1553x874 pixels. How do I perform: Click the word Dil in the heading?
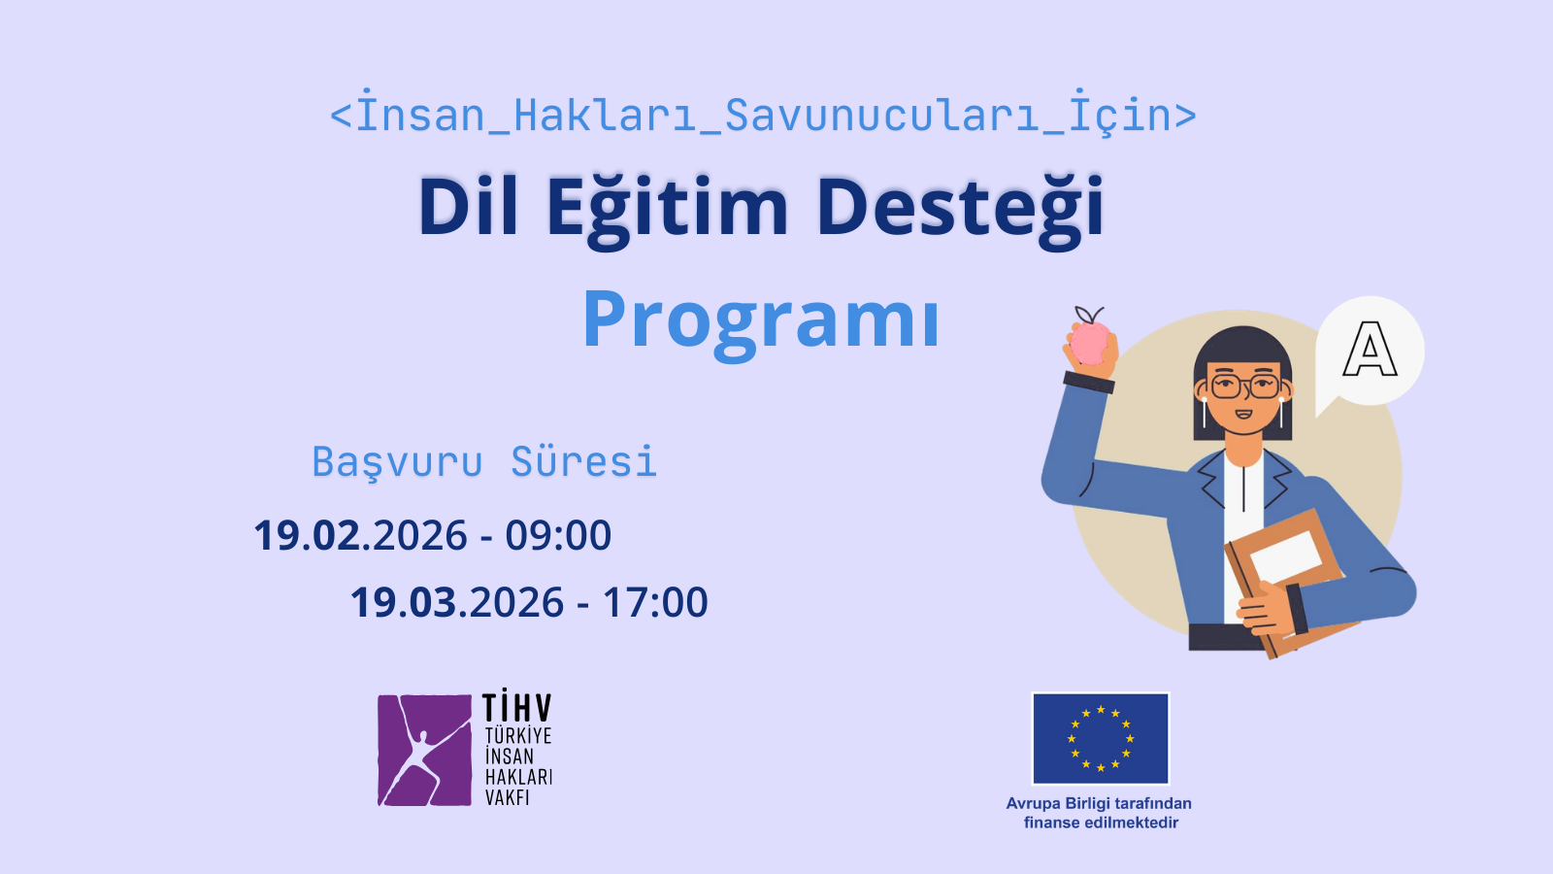468,207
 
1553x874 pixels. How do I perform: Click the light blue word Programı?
761,321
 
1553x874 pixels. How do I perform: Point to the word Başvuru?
397,462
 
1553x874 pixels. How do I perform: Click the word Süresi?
584,462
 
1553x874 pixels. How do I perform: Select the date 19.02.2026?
361,536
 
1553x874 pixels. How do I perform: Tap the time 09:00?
558,536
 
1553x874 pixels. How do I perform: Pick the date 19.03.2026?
457,603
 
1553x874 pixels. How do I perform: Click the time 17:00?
655,603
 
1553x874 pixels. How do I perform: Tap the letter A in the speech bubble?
1370,350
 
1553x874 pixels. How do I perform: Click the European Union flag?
1101,738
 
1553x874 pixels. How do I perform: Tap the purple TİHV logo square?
424,750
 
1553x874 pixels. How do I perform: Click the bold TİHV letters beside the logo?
517,707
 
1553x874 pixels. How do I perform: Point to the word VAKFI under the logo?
508,798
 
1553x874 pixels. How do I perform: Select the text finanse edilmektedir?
1101,823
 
